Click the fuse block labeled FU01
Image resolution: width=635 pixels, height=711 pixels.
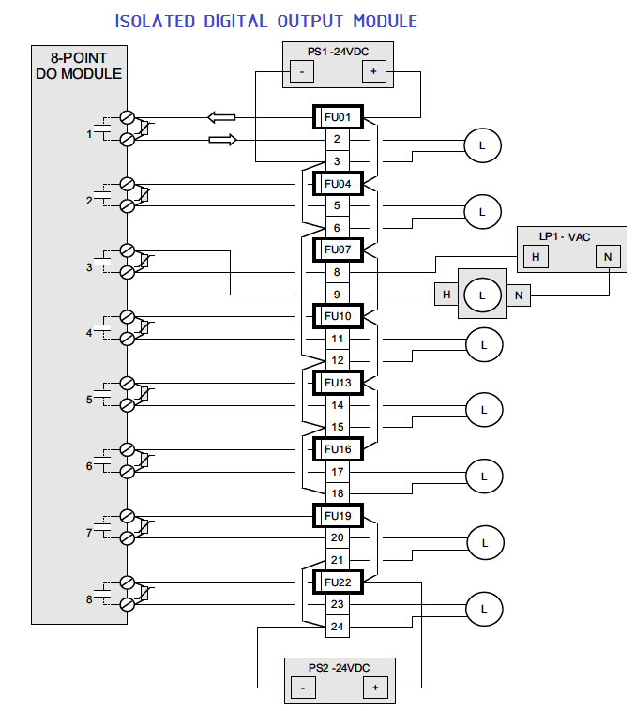(x=337, y=117)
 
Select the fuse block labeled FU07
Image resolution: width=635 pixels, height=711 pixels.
(x=337, y=250)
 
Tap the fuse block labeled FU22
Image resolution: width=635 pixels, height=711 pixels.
(x=337, y=582)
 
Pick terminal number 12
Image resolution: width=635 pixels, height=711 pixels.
(x=338, y=360)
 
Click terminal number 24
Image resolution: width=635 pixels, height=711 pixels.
(x=338, y=627)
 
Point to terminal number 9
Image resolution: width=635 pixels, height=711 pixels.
(x=338, y=295)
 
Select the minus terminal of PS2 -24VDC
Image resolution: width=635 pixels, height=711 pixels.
(x=303, y=688)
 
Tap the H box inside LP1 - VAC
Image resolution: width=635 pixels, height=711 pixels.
(x=536, y=257)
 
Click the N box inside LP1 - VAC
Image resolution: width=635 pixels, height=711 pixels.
(x=607, y=257)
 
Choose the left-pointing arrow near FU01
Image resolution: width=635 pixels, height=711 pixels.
(x=221, y=117)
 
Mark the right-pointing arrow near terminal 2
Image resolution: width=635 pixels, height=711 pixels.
(x=221, y=140)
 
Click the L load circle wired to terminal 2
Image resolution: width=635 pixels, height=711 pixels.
(x=483, y=145)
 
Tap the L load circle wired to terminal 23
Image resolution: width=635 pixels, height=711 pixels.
(x=484, y=609)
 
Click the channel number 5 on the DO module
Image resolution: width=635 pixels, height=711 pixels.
(x=89, y=400)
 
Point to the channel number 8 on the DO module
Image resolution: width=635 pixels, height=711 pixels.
(x=89, y=599)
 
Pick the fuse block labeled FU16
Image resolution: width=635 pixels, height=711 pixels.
(x=337, y=449)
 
